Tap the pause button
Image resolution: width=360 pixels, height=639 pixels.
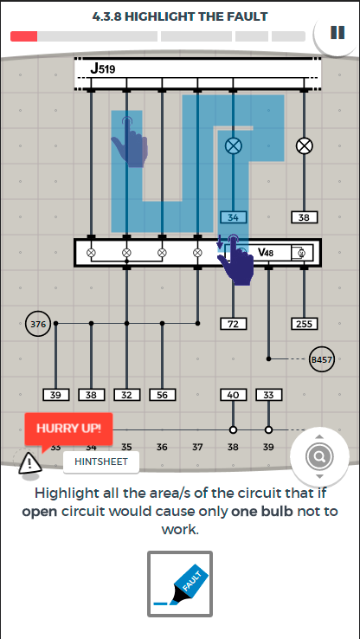(337, 33)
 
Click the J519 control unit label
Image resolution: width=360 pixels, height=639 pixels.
(103, 68)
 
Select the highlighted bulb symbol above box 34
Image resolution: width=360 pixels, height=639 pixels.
(233, 145)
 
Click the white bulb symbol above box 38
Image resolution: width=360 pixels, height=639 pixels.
(304, 145)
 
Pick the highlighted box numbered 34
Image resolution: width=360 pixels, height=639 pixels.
(233, 217)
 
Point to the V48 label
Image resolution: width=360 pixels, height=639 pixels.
(266, 253)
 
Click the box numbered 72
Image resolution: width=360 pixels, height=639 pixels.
(233, 324)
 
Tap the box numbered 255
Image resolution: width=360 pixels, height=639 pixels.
(305, 324)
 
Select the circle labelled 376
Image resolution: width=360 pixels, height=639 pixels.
(38, 324)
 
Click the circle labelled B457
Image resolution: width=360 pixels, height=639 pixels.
(321, 359)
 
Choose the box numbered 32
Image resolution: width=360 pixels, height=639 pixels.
(126, 395)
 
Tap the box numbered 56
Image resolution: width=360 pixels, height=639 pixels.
(162, 395)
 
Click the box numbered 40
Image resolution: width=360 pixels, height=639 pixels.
(233, 395)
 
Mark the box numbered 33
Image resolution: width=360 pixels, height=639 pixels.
(268, 395)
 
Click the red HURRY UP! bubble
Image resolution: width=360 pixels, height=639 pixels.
(68, 429)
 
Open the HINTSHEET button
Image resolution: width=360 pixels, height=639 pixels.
(101, 461)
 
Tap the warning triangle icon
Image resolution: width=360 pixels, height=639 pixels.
(29, 462)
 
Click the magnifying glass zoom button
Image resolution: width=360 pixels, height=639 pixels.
(319, 456)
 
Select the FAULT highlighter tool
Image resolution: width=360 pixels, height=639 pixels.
(180, 584)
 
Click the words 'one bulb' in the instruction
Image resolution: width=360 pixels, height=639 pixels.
(262, 511)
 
